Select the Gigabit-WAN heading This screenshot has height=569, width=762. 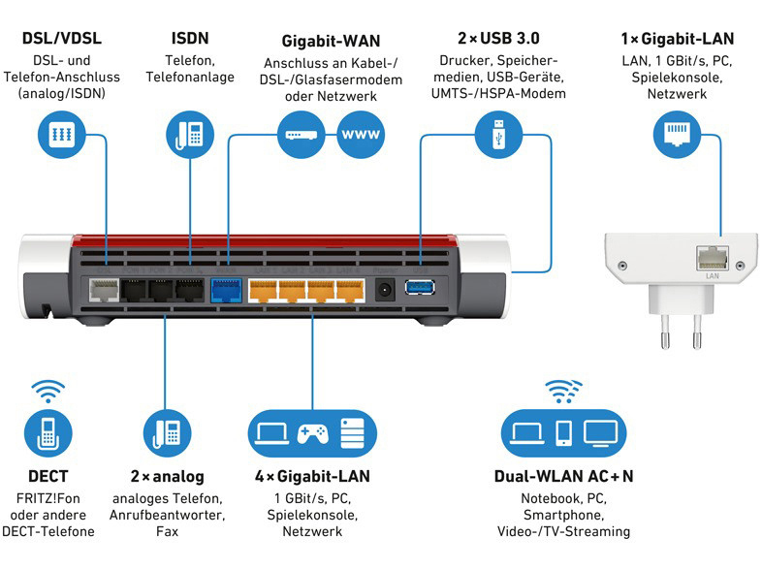[x=331, y=42]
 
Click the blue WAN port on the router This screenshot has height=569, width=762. [x=226, y=289]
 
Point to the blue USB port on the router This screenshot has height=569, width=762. [x=420, y=287]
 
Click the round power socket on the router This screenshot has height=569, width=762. [x=386, y=288]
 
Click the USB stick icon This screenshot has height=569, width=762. [x=497, y=133]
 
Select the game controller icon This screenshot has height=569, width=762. [x=312, y=433]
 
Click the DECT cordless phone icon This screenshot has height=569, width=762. [x=48, y=433]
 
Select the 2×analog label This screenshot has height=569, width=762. [x=166, y=477]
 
